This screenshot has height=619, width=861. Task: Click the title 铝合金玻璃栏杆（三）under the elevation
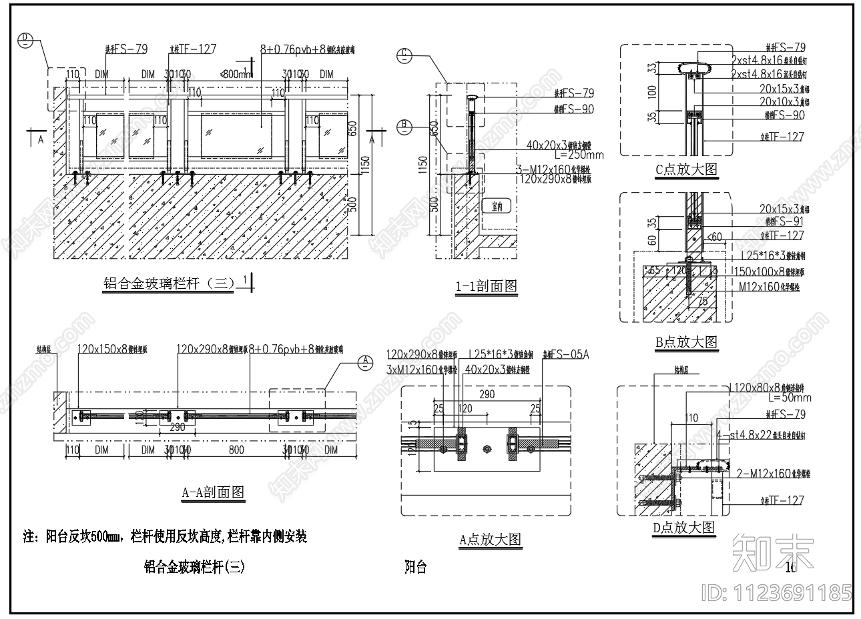point(169,283)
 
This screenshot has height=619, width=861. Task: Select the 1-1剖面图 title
point(486,286)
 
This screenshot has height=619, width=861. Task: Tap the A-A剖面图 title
point(213,492)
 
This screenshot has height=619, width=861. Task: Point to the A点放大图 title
point(490,540)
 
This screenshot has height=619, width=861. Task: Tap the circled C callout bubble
point(404,55)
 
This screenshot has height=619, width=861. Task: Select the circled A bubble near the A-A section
point(365,362)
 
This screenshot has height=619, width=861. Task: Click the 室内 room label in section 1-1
point(496,206)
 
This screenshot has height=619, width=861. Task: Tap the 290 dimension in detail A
point(487,395)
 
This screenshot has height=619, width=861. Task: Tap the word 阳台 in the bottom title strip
point(416,568)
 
